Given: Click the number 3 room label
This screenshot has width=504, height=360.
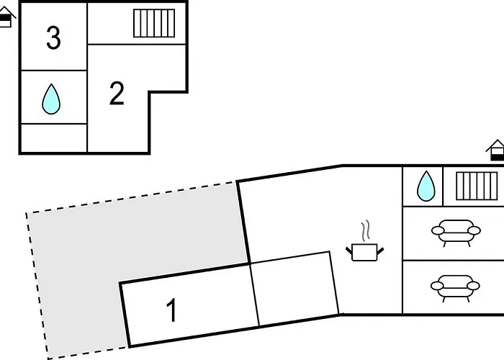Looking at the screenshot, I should click(53, 37).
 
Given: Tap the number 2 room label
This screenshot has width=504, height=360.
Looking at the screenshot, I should click(117, 94).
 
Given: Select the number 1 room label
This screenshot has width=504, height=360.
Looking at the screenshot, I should click(171, 311).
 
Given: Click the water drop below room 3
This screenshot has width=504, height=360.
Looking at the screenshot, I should click(51, 99).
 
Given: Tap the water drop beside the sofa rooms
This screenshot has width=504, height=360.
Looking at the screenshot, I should click(426, 186).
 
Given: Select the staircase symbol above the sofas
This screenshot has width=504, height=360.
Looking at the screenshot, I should click(477, 186).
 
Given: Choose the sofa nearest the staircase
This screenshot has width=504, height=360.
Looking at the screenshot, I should click(455, 232).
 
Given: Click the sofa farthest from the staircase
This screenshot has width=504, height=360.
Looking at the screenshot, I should click(455, 287).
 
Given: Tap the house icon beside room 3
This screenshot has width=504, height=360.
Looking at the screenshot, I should click(6, 17).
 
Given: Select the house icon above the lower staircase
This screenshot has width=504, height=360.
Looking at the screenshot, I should click(495, 150).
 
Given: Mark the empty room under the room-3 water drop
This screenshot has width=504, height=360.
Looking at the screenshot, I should click(53, 138).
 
